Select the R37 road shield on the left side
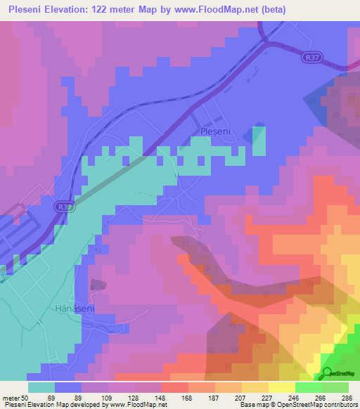tap(64, 207)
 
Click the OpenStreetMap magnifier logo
tap(328, 373)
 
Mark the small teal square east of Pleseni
tap(259, 140)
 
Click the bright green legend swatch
tap(309, 387)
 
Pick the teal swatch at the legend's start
tap(41, 387)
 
